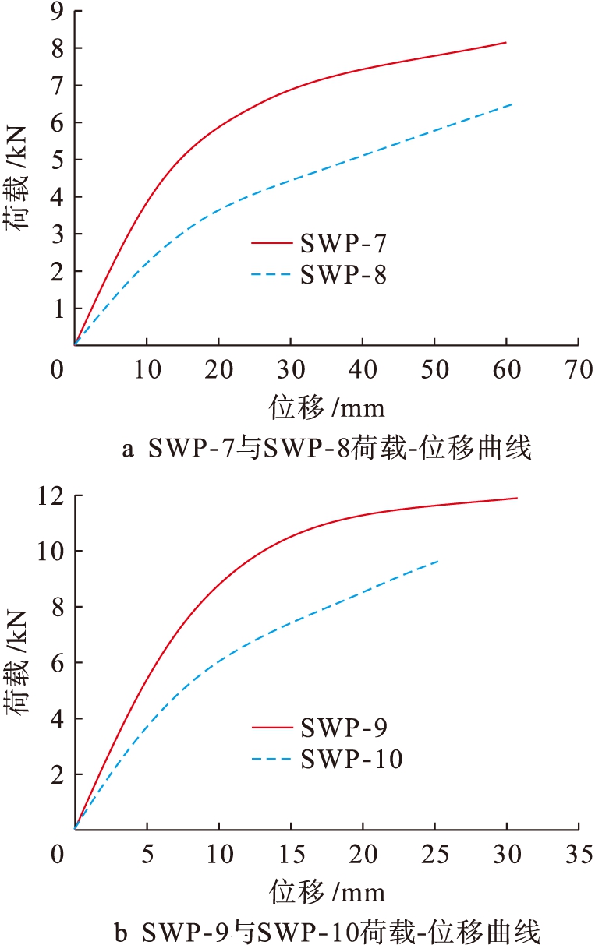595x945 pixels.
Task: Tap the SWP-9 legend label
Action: (342, 728)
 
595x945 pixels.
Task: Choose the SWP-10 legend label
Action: (351, 758)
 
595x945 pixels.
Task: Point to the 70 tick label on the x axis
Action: (579, 370)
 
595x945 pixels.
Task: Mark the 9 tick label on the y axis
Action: (56, 11)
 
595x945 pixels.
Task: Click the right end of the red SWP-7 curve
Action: (506, 42)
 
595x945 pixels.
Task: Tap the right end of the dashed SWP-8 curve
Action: (512, 104)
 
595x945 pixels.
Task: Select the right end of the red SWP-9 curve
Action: (516, 498)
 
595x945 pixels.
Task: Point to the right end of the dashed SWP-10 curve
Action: (438, 561)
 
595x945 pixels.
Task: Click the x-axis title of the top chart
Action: (328, 406)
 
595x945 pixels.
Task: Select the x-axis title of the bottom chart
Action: (328, 890)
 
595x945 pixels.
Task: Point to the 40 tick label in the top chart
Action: (363, 370)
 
